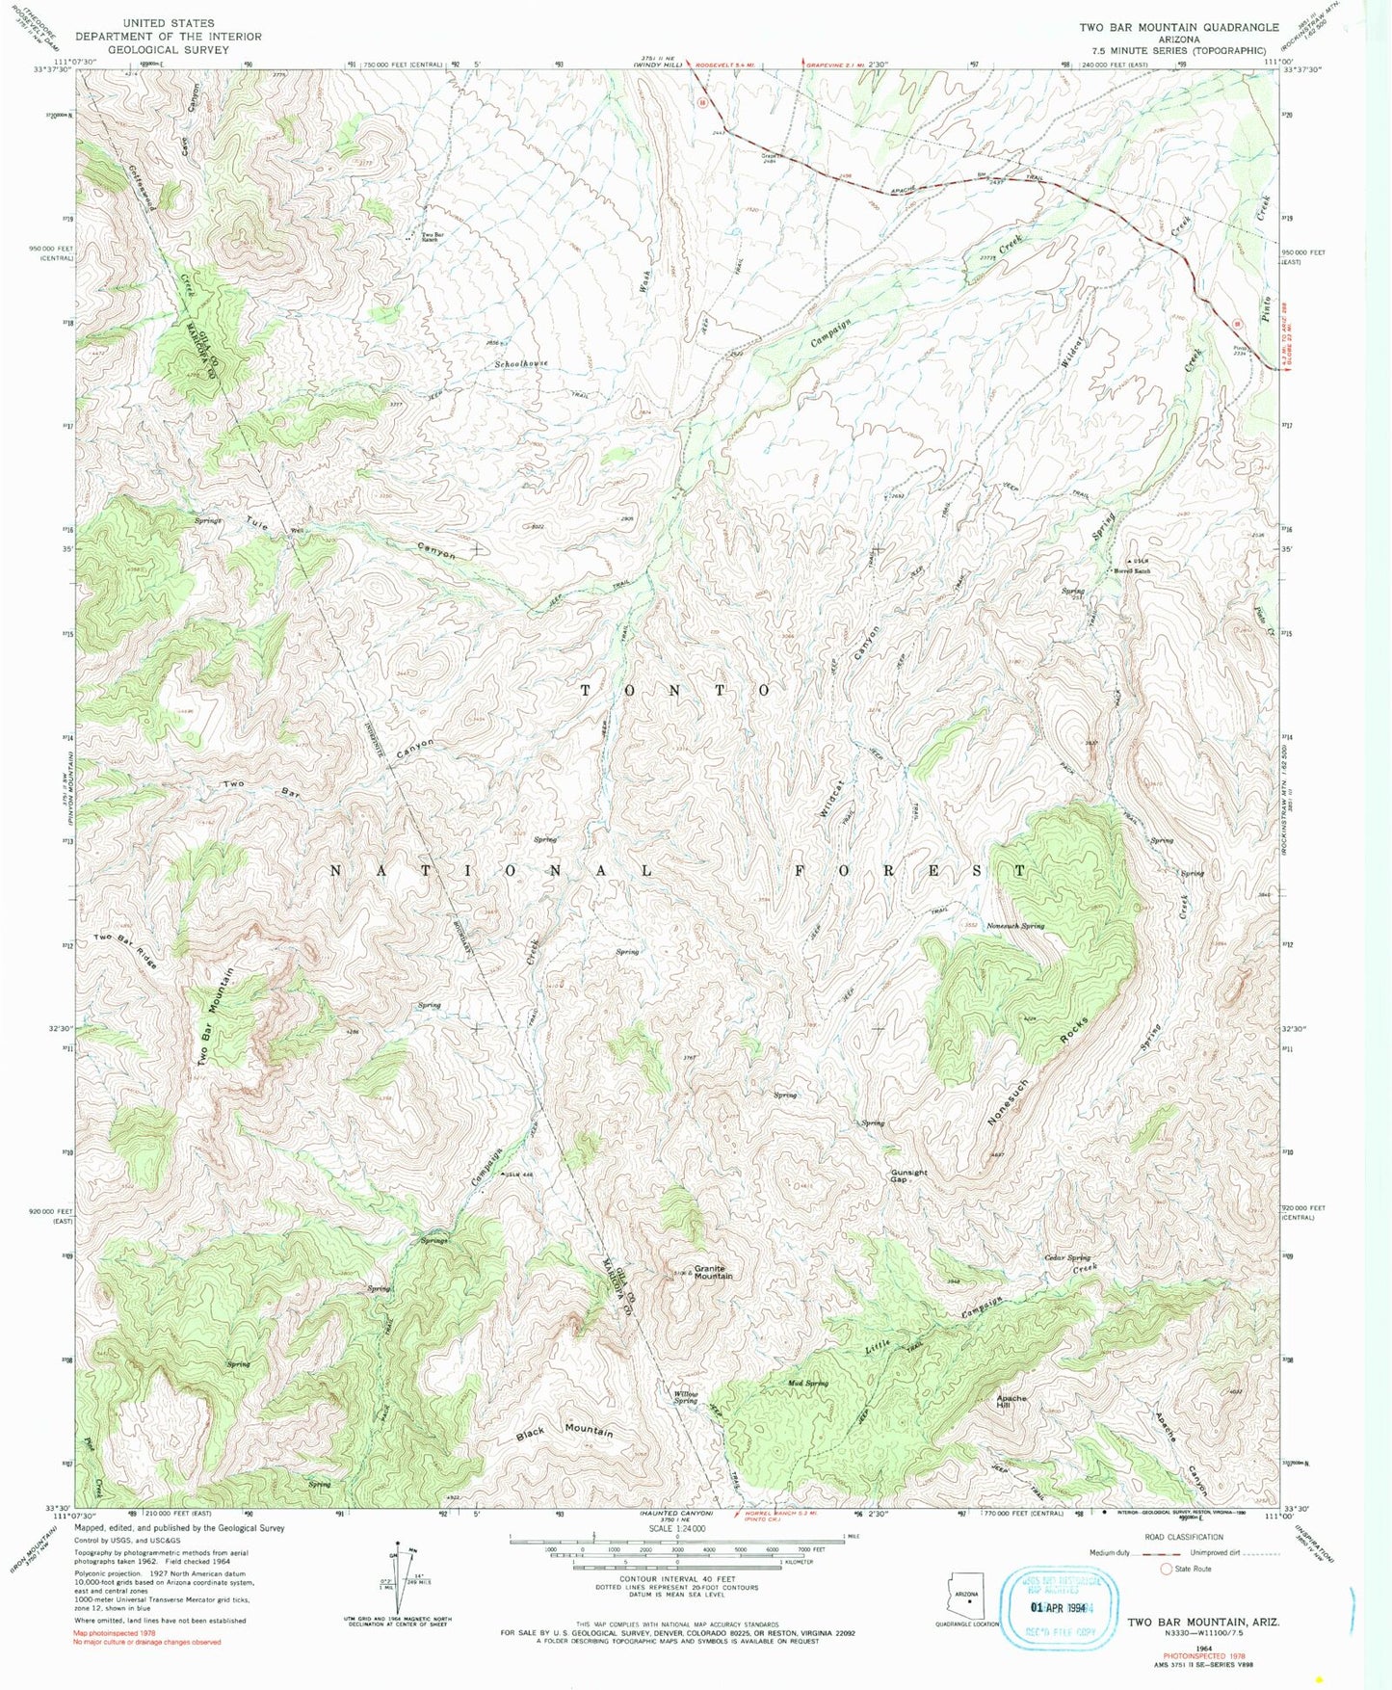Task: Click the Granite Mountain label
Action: [x=714, y=1272]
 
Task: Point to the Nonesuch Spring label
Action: [x=1015, y=926]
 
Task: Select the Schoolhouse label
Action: [x=521, y=363]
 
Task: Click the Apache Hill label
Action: [x=1011, y=1402]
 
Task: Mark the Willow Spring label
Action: [x=686, y=1397]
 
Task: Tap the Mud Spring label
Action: [x=808, y=1383]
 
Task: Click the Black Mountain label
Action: [x=565, y=1432]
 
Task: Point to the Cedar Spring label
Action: [x=1067, y=1257]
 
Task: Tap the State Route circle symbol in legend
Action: [x=1167, y=1569]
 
